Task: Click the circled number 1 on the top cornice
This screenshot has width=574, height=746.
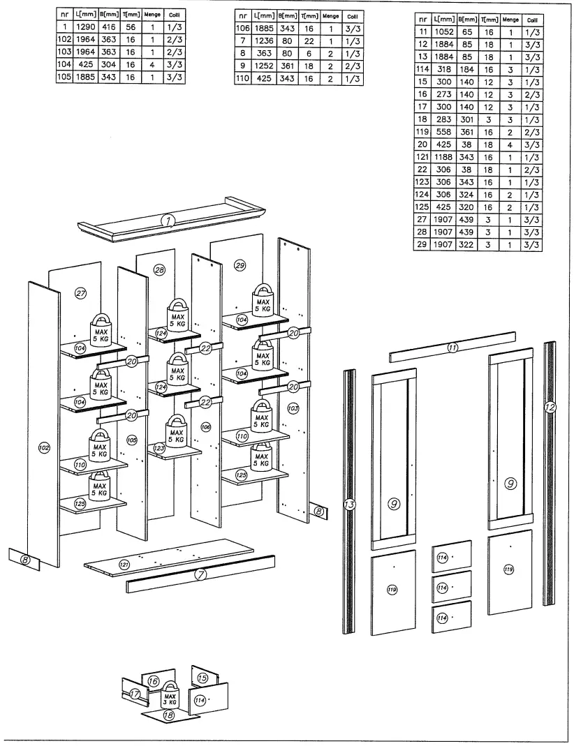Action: [168, 221]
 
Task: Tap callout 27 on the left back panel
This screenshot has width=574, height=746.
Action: [81, 294]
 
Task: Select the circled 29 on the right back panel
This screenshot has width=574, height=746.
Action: [240, 265]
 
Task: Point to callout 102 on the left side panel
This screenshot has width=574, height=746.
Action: [44, 448]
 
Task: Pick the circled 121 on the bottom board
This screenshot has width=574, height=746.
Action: [124, 564]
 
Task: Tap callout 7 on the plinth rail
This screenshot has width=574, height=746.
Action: [200, 575]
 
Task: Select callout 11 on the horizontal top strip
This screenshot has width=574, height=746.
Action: [452, 348]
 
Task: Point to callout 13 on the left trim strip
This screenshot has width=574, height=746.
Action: [350, 503]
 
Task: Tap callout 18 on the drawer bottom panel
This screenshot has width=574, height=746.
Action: [168, 715]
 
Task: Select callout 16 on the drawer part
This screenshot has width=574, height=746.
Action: [153, 680]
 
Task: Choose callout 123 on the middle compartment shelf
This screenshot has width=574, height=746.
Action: [159, 448]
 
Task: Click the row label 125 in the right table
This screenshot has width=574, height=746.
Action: [422, 207]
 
